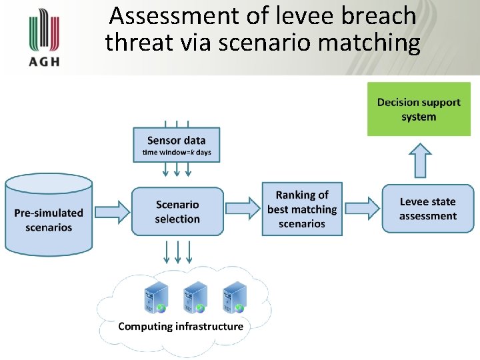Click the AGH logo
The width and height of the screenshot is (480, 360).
pyautogui.click(x=44, y=39)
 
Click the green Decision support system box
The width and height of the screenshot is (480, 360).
pyautogui.click(x=419, y=109)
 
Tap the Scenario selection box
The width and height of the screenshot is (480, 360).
pyautogui.click(x=177, y=211)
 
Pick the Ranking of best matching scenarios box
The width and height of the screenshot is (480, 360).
pyautogui.click(x=302, y=209)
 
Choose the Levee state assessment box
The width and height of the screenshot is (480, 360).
pyautogui.click(x=427, y=209)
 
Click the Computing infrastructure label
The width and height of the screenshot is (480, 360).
pyautogui.click(x=181, y=327)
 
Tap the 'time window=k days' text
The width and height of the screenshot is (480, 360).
pyautogui.click(x=176, y=153)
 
